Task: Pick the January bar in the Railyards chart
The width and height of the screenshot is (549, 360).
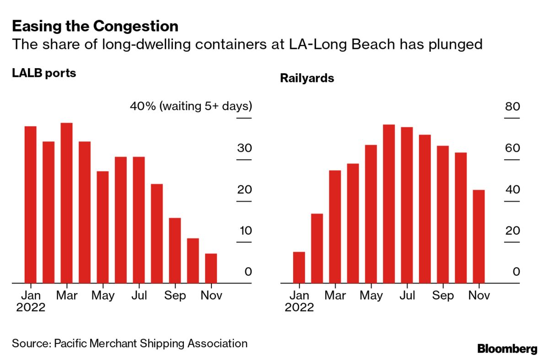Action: coord(299,267)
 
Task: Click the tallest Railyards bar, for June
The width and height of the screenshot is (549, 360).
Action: coord(389,204)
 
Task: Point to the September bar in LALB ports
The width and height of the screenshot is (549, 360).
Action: coord(175,250)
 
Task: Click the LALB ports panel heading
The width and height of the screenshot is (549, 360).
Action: coord(44,73)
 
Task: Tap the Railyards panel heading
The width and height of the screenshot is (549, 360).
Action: coord(307,78)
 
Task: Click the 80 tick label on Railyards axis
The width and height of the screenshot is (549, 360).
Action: coord(512,107)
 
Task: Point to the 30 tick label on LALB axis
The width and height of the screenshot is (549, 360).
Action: coord(244,149)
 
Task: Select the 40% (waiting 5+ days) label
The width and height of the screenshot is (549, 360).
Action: coord(191,107)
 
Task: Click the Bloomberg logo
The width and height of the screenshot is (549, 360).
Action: coord(507,349)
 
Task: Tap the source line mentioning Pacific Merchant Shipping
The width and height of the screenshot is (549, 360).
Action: coord(129,343)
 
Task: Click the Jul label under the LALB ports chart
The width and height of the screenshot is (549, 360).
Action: coord(139,296)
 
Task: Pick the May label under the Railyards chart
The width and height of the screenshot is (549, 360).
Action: coord(371,296)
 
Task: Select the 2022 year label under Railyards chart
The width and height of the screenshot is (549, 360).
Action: coord(299,307)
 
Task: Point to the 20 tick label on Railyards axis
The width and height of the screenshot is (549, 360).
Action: coord(512,231)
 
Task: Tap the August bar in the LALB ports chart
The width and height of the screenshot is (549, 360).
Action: coord(156,233)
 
